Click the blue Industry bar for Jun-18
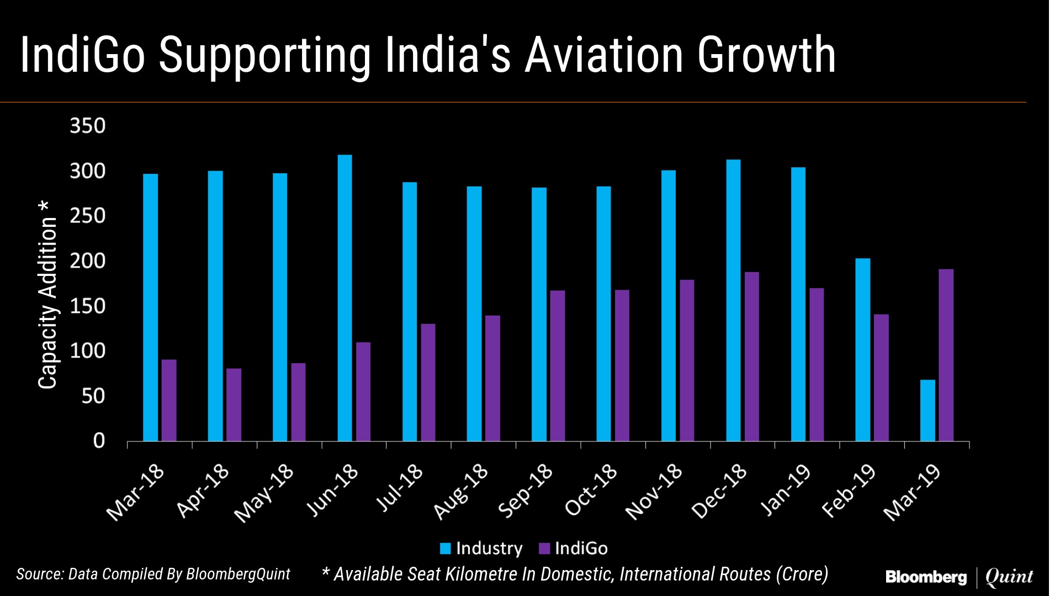pyautogui.click(x=344, y=298)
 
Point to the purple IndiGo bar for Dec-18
pyautogui.click(x=751, y=356)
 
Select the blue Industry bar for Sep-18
pyautogui.click(x=539, y=314)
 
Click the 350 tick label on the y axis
pyautogui.click(x=87, y=126)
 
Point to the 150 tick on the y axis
pyautogui.click(x=87, y=306)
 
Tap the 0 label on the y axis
pyautogui.click(x=99, y=441)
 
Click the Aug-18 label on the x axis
pyautogui.click(x=462, y=492)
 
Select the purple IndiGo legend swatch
pyautogui.click(x=544, y=549)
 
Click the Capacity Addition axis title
pyautogui.click(x=47, y=295)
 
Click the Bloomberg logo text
pyautogui.click(x=926, y=577)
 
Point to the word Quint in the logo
pyautogui.click(x=1009, y=577)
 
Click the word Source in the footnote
pyautogui.click(x=38, y=574)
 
